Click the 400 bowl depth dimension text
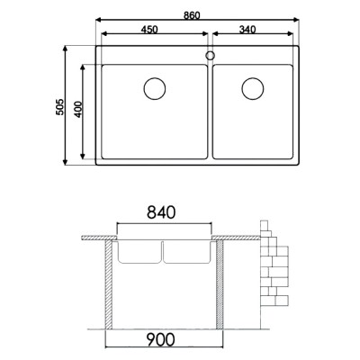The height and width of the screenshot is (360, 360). [x=79, y=110]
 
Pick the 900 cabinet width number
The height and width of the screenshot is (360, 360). [x=163, y=341]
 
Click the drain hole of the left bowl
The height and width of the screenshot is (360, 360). [x=155, y=89]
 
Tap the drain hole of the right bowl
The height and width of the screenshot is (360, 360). [x=252, y=89]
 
